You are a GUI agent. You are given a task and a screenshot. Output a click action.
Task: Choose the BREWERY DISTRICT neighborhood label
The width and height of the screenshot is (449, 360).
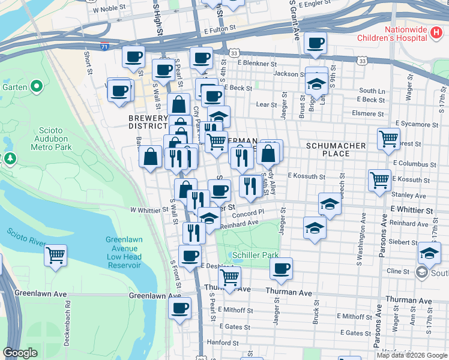click(148, 122)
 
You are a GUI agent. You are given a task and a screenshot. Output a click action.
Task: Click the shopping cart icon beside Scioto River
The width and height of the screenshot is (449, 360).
click(55, 256)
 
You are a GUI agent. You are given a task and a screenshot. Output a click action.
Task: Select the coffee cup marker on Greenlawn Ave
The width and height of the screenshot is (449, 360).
click(179, 309)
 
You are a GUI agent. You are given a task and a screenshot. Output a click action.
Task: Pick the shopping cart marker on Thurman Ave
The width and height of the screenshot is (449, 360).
click(229, 277)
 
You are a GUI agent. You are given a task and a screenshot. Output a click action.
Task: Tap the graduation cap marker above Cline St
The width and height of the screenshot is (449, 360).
click(429, 253)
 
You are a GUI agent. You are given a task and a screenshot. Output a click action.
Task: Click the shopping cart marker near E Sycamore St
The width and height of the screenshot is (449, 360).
click(388, 139)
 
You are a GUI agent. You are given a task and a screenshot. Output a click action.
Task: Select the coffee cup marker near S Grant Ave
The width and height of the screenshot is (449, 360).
click(315, 43)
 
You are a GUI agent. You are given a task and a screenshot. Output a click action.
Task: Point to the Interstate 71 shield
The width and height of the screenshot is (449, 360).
click(105, 46)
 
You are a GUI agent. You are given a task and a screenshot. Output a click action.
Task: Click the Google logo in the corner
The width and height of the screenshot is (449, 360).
click(20, 353)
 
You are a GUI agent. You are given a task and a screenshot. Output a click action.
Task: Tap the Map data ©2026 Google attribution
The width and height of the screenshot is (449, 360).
click(411, 355)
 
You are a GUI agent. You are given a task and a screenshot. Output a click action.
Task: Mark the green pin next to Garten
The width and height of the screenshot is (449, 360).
click(37, 87)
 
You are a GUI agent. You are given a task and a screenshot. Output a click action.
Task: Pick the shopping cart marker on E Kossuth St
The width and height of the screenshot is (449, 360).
click(379, 179)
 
